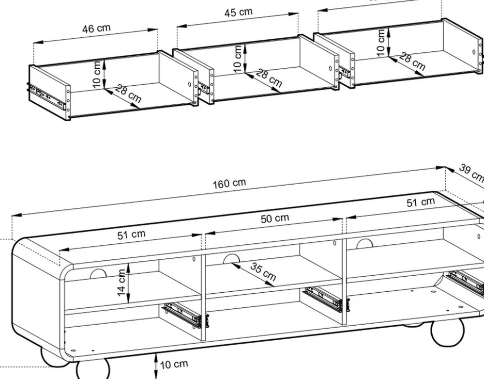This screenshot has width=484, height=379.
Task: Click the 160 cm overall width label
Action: click(229, 184)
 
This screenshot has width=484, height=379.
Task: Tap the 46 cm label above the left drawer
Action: click(96, 28)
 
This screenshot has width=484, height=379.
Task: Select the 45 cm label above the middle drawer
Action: click(238, 13)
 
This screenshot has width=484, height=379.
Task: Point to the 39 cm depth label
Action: click(471, 173)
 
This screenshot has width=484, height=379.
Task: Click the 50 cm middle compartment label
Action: click(275, 219)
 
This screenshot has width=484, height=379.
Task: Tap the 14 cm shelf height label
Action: click(121, 281)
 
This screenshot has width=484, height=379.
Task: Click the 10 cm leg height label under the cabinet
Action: click(174, 364)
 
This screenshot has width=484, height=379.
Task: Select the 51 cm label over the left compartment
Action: click(131, 235)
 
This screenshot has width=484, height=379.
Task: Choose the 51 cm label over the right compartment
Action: click(420, 202)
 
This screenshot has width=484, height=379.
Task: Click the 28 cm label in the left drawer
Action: click(128, 95)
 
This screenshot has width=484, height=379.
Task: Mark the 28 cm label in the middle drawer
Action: click(269, 78)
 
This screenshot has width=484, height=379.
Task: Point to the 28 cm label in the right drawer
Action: click(412, 62)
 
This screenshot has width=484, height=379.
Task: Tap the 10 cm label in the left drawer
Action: click(97, 74)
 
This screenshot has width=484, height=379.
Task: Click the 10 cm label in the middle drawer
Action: click(237, 58)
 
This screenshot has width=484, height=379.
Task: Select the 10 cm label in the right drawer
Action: click(381, 42)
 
